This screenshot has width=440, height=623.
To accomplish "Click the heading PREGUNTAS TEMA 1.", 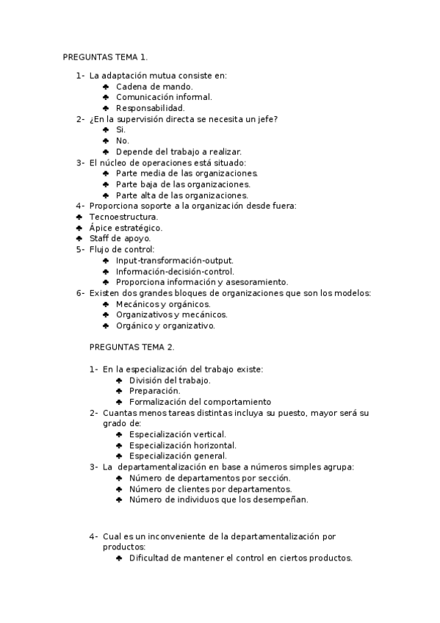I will [x=105, y=57].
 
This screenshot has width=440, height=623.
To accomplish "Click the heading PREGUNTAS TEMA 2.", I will [x=131, y=347].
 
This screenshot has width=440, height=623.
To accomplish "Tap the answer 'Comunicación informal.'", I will [x=164, y=97].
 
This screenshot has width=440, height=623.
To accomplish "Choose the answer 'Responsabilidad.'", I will [x=150, y=108].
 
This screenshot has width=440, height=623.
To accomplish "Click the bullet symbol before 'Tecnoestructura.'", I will [x=79, y=217].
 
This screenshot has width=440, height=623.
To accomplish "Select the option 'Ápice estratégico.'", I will [x=126, y=228].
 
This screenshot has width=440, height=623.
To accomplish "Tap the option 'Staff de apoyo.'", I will [x=120, y=239].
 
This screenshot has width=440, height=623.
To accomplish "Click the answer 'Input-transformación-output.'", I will [x=175, y=260].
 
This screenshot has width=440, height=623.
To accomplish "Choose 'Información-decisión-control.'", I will [x=175, y=271].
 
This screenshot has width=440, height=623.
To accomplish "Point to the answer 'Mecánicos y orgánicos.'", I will [x=163, y=304].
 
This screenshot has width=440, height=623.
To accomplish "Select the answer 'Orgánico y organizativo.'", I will [x=165, y=325].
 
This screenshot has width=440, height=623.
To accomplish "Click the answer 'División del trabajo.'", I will [x=170, y=380].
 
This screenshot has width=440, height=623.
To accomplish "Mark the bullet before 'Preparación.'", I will [x=119, y=391].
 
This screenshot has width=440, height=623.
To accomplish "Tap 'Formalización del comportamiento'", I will [x=200, y=402].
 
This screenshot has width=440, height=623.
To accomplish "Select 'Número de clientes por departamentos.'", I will [x=210, y=489].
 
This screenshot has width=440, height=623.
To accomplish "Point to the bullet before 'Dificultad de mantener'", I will [x=119, y=558].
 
